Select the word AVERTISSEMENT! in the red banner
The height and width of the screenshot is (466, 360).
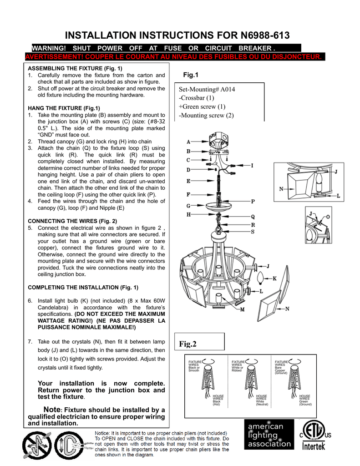pyautogui.click(x=53, y=56)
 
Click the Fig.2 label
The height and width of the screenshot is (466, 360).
pyautogui.click(x=188, y=344)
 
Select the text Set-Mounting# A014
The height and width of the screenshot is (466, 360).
pyautogui.click(x=207, y=89)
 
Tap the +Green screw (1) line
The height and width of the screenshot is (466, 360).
pyautogui.click(x=202, y=106)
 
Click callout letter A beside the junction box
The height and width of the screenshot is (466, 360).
pyautogui.click(x=188, y=142)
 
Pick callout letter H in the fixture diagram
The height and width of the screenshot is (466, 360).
pyautogui.click(x=188, y=214)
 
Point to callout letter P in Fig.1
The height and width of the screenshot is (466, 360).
pyautogui.click(x=253, y=201)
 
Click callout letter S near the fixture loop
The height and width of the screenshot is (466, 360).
pyautogui.click(x=253, y=232)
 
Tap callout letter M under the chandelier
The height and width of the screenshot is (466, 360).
pyautogui.click(x=242, y=309)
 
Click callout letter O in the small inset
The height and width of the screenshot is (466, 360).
pyautogui.click(x=328, y=217)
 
